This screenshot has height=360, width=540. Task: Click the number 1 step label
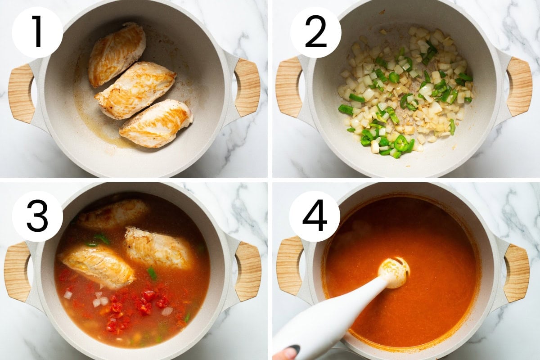(38, 32)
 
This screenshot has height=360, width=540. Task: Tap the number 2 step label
(315, 32)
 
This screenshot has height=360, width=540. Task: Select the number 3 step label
(38, 216)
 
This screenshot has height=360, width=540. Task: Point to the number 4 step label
(315, 216)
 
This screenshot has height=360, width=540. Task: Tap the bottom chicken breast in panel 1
(156, 123)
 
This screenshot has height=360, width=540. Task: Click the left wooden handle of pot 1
(21, 93)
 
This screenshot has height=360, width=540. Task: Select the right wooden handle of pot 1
(247, 87)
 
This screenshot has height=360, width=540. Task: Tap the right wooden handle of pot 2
(519, 86)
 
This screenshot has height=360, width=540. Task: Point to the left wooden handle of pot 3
(17, 271)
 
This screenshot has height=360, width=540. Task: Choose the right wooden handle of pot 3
(248, 271)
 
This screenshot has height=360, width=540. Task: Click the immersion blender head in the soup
(393, 273)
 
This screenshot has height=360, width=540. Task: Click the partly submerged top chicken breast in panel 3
(113, 213)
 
